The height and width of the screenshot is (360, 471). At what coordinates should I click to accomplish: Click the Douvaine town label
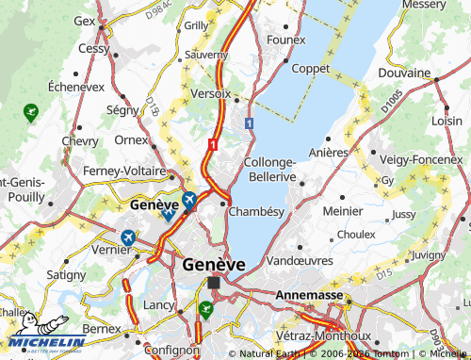coord(404,73)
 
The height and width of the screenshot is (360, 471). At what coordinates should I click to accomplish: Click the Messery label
coord(424,5)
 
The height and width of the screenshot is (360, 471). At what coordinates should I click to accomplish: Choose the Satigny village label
coord(65,274)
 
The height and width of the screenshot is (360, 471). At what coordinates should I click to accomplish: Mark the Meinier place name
coord(342,211)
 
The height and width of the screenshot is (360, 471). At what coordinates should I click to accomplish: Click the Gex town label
coord(85,20)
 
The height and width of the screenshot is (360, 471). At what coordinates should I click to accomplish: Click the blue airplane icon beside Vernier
coord(127,236)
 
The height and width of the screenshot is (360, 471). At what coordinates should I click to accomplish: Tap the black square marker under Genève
coord(214,282)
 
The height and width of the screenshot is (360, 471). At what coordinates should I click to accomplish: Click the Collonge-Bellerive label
coord(271,170)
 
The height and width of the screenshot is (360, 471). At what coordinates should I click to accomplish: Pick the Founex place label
coord(286,40)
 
